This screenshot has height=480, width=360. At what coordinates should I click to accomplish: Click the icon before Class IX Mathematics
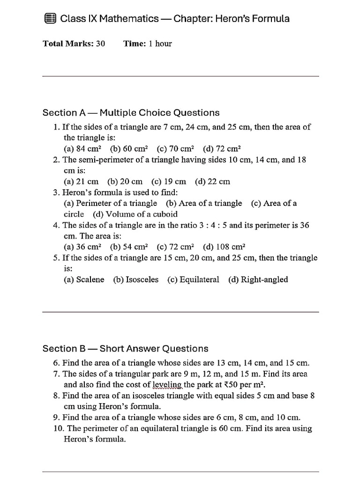(x=49, y=19)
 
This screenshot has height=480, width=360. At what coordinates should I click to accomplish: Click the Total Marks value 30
(x=100, y=44)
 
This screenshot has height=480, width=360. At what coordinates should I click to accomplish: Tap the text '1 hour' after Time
(x=160, y=44)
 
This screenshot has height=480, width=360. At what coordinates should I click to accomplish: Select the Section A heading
(x=131, y=112)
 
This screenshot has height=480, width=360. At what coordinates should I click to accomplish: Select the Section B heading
(x=125, y=348)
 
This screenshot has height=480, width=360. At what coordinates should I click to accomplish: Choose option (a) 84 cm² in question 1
(x=82, y=149)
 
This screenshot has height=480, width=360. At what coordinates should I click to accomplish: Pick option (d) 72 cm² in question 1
(x=222, y=149)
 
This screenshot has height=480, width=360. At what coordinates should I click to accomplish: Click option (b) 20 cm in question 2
(x=125, y=181)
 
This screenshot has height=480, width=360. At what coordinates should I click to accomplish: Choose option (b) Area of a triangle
(x=204, y=203)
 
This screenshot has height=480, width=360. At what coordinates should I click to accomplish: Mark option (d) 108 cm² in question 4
(x=225, y=247)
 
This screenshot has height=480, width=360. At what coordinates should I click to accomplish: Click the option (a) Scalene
(x=84, y=279)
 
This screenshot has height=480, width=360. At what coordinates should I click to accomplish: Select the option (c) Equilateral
(x=193, y=279)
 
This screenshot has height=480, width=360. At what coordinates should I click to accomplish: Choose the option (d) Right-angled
(x=258, y=279)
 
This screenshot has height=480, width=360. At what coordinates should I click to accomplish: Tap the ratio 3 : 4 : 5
(x=211, y=225)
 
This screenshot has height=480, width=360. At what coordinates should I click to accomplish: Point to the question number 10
(x=58, y=428)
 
